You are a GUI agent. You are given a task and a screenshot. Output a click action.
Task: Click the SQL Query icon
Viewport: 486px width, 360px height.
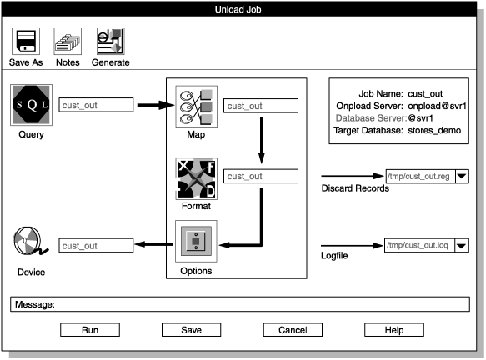click(32, 106)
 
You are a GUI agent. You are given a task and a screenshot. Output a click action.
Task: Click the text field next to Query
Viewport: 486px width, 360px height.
click(97, 106)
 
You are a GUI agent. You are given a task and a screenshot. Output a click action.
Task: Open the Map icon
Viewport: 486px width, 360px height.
click(196, 106)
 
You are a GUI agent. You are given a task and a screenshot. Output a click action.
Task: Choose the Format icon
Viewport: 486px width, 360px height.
click(196, 177)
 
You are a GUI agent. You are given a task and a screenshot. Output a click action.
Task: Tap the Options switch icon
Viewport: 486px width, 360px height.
click(196, 242)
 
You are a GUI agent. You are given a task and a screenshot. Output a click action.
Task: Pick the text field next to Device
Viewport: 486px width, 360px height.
click(97, 245)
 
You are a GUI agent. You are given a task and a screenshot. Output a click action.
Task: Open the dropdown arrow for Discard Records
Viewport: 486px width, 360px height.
click(462, 177)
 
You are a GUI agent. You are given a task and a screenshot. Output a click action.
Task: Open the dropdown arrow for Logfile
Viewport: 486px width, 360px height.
click(462, 245)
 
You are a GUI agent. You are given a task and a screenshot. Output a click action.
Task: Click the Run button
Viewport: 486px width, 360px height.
click(89, 330)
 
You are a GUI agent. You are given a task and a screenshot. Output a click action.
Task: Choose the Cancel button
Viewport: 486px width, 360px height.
click(292, 330)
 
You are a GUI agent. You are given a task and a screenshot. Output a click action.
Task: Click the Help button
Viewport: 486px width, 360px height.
click(393, 330)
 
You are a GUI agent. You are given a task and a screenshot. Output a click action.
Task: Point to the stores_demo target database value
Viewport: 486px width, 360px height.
click(434, 131)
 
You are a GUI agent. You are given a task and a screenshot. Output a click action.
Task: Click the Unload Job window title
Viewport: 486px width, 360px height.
click(243, 9)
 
